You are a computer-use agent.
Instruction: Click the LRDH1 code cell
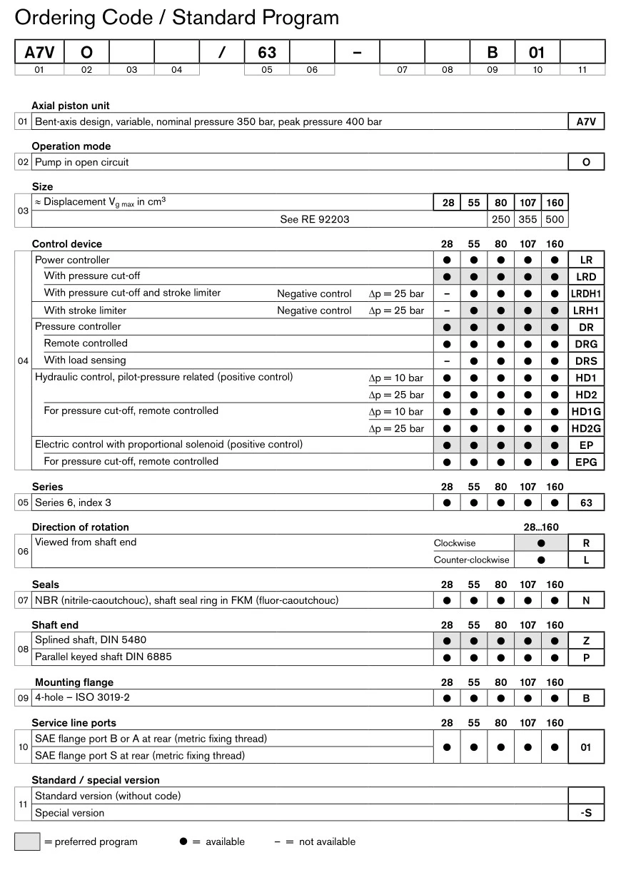click(586, 293)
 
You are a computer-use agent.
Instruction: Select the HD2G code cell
click(586, 428)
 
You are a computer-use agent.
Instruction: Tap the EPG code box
click(586, 462)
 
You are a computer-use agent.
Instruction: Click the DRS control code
click(586, 361)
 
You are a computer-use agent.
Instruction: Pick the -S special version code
click(586, 813)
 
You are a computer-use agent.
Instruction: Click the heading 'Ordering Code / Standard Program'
click(176, 17)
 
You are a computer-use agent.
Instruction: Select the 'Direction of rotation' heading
click(80, 527)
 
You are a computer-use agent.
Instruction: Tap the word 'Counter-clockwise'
click(472, 560)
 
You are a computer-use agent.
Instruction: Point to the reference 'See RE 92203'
click(315, 219)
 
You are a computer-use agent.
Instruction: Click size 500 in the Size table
click(555, 219)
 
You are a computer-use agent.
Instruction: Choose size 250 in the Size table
click(501, 219)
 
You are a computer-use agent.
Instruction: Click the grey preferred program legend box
click(27, 841)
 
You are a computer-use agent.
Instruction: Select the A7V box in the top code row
click(39, 52)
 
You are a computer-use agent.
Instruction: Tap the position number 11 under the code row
click(582, 70)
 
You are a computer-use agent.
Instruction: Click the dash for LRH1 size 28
click(447, 310)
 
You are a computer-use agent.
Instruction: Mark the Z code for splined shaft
click(586, 640)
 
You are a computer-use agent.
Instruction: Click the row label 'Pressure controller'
click(78, 326)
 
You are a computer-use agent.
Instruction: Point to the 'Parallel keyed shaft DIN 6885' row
click(103, 657)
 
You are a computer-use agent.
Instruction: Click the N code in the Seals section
click(586, 600)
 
